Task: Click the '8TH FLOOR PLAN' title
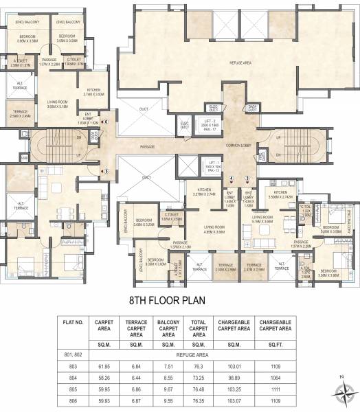coord(179,281)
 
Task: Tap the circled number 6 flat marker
coord(106,122)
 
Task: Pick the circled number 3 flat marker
coord(247,179)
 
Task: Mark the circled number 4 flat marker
coord(232,179)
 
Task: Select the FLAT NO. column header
coord(74,305)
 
